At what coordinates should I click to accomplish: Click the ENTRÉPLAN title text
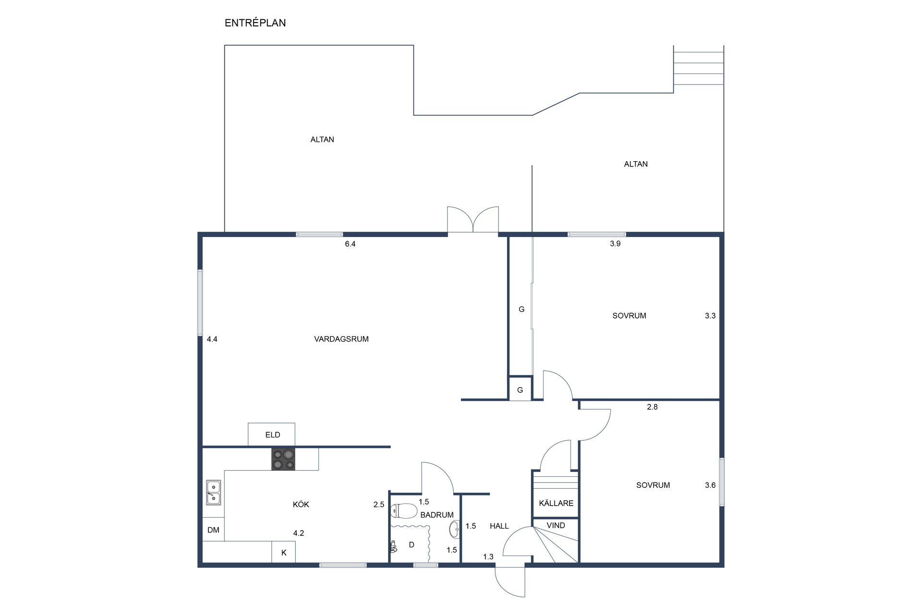[255, 23]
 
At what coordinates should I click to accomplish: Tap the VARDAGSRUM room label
[341, 339]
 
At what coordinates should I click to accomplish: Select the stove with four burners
[283, 459]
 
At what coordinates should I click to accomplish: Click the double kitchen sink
[214, 493]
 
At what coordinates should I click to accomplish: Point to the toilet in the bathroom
[404, 511]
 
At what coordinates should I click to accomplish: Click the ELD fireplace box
[271, 435]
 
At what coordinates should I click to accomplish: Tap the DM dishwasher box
[213, 530]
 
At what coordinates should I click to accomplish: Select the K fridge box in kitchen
[284, 552]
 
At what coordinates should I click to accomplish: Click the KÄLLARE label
[556, 503]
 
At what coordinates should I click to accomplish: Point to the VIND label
[556, 525]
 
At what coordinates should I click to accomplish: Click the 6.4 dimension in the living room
[350, 244]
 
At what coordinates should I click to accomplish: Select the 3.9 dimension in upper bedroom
[615, 244]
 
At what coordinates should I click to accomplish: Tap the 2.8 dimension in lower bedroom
[652, 407]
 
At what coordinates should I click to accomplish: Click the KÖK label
[301, 505]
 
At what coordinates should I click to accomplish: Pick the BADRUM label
[437, 515]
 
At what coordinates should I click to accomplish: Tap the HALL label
[499, 526]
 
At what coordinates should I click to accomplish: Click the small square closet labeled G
[520, 388]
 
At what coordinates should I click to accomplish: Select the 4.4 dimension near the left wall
[212, 339]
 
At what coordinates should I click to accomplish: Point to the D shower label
[412, 545]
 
